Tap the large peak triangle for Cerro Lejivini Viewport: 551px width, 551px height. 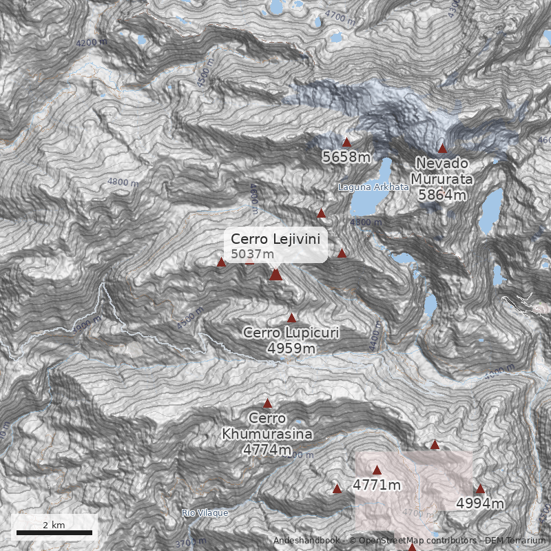(276, 274)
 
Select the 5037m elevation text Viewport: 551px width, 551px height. (252, 254)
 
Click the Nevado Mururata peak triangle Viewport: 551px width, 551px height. (443, 148)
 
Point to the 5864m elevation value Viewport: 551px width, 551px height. (442, 194)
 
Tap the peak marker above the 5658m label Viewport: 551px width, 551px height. (347, 142)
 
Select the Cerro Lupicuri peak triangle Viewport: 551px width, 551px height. (292, 318)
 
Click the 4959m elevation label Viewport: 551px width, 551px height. (291, 349)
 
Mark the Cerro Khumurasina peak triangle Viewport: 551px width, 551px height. (268, 403)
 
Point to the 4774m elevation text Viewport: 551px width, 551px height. (267, 450)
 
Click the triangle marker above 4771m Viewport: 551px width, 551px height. (377, 470)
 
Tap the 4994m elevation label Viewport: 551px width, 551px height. (480, 503)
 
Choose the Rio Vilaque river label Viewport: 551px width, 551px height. (205, 513)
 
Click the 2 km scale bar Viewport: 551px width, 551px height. (54, 532)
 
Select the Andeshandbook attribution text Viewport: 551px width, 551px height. (306, 541)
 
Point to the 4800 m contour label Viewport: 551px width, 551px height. (123, 183)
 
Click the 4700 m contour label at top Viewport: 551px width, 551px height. (340, 16)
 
